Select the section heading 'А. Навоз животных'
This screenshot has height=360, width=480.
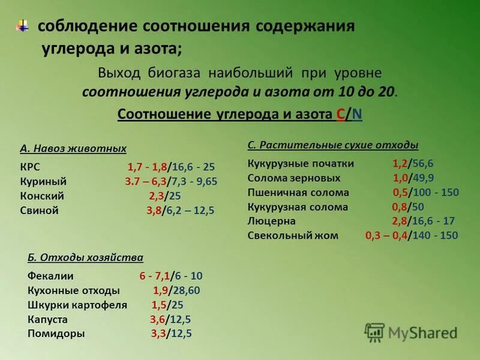[x=73, y=148]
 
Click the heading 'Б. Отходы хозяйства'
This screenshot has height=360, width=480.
[x=85, y=257]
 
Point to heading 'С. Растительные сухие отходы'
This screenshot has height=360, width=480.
[x=333, y=145]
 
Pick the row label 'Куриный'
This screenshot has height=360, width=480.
[x=43, y=181]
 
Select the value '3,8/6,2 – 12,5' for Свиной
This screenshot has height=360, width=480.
[x=180, y=211]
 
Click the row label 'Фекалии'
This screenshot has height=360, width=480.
[x=50, y=276]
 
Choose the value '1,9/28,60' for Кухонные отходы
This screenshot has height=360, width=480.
[x=176, y=290]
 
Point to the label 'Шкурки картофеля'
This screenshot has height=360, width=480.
[x=77, y=305]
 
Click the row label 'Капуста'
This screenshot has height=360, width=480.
[x=47, y=319]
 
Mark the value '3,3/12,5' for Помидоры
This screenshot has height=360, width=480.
[x=171, y=334]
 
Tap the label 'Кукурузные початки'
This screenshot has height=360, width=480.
[x=301, y=164]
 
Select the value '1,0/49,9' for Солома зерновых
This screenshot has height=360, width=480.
[x=413, y=178]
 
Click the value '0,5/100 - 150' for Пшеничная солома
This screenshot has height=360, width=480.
[x=426, y=193]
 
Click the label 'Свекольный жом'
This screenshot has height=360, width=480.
[x=293, y=236]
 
